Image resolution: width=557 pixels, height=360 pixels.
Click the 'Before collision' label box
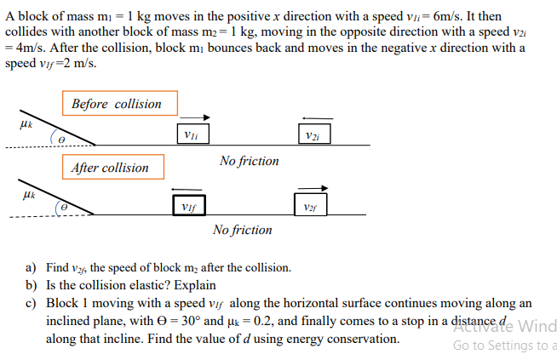118,104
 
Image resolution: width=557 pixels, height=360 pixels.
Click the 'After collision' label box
110,168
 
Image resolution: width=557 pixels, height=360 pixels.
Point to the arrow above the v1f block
187,189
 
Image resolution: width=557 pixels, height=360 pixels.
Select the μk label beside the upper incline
25,124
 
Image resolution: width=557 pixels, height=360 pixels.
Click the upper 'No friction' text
249,161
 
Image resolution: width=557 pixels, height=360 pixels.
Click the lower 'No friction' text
243,230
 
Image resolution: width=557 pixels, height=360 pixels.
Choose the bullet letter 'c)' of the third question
32,303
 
